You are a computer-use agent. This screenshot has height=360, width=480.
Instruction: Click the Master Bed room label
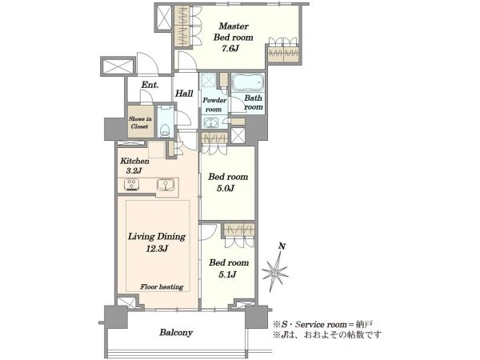coord(234,31)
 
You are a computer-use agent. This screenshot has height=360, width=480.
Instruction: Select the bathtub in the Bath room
coord(247,82)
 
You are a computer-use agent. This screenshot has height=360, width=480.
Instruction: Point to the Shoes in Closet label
coord(140,122)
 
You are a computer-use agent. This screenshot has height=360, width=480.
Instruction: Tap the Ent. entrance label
coord(150,85)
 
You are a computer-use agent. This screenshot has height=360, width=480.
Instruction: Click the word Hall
coord(184,94)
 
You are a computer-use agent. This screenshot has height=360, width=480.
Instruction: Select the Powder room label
coord(214,105)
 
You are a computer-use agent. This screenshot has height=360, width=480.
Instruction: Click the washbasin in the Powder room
coord(210,123)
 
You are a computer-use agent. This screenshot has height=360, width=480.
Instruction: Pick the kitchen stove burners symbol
coord(132,185)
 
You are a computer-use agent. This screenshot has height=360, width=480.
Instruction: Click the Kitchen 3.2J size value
coord(134,171)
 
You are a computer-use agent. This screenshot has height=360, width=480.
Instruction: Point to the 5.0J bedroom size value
coord(226,188)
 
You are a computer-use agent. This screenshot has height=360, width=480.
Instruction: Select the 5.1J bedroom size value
coord(227,274)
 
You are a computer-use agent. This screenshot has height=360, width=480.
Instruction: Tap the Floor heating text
coord(162,287)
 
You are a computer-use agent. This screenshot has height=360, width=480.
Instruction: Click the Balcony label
coord(176,333)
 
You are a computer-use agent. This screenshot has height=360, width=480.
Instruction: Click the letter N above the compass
coord(282,246)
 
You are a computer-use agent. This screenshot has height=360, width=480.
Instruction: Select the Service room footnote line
coord(323,325)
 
